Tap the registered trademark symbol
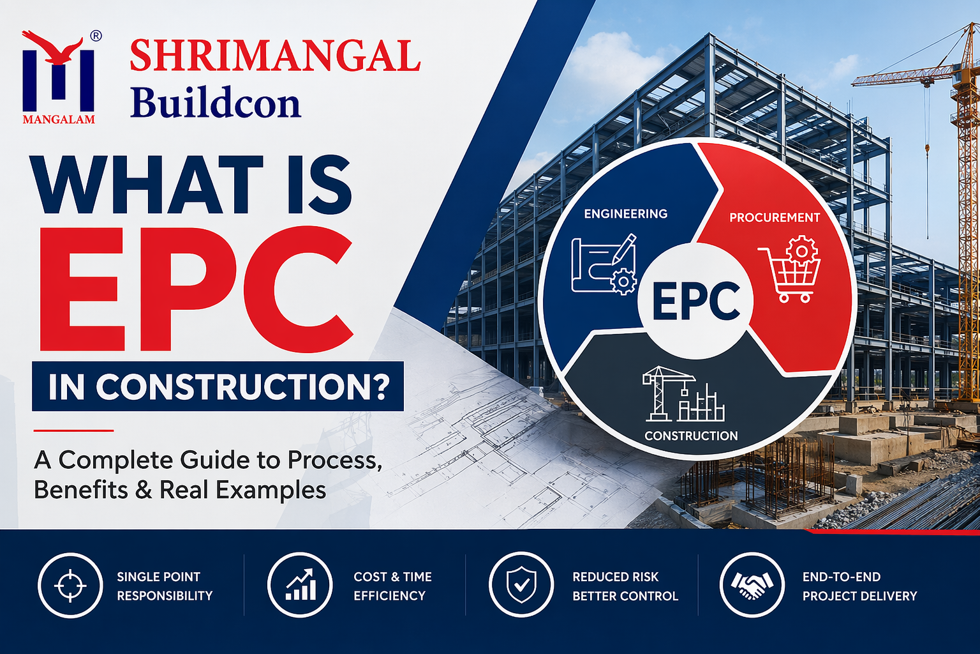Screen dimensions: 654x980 pos(96,36)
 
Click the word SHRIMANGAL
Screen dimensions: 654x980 pos(275,57)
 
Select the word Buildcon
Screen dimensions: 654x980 pos(215,103)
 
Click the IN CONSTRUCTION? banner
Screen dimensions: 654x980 pos(218,386)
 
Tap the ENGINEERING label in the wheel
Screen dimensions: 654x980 pos(625,214)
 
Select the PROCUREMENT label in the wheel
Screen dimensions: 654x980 pos(774,218)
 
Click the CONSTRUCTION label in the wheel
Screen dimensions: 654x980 pos(691,436)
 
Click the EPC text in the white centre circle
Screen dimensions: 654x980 pos(696,301)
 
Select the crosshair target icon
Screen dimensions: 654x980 pos(70,585)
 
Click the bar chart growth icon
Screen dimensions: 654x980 pos(300,585)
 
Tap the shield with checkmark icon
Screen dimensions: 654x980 pos(521,585)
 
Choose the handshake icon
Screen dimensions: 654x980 pos(752,585)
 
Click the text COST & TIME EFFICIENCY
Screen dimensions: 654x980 pos(392,586)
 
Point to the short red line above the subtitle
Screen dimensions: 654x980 pos(73,430)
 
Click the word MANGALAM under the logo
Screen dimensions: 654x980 pos(59,119)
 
